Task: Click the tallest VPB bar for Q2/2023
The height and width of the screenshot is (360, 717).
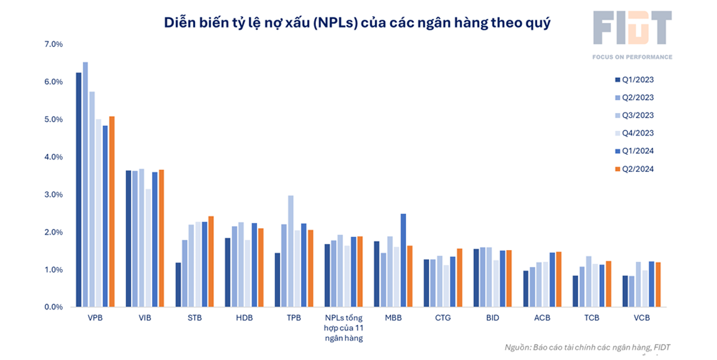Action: [86, 185]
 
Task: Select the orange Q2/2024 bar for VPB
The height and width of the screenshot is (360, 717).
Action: [112, 212]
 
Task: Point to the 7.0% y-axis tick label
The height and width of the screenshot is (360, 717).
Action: [54, 44]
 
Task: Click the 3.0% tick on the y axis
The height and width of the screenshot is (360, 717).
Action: [54, 194]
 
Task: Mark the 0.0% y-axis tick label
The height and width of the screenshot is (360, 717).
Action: [54, 307]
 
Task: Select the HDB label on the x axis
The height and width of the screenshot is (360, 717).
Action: [244, 318]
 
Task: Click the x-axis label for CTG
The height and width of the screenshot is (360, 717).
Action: [443, 318]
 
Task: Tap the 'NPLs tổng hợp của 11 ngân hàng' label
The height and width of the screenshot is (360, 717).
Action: [343, 327]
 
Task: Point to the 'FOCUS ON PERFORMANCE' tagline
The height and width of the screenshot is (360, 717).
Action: [632, 57]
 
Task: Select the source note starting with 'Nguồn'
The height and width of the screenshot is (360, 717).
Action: [587, 347]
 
